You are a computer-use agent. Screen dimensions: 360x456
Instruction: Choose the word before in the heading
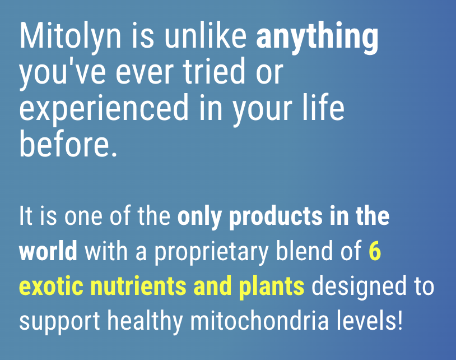tap(64, 145)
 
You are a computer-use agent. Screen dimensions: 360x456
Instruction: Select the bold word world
tap(48, 252)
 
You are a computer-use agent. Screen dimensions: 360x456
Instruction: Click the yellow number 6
tap(375, 252)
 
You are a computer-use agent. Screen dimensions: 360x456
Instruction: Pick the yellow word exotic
tap(48, 287)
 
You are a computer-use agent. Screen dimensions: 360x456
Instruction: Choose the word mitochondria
tap(263, 322)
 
